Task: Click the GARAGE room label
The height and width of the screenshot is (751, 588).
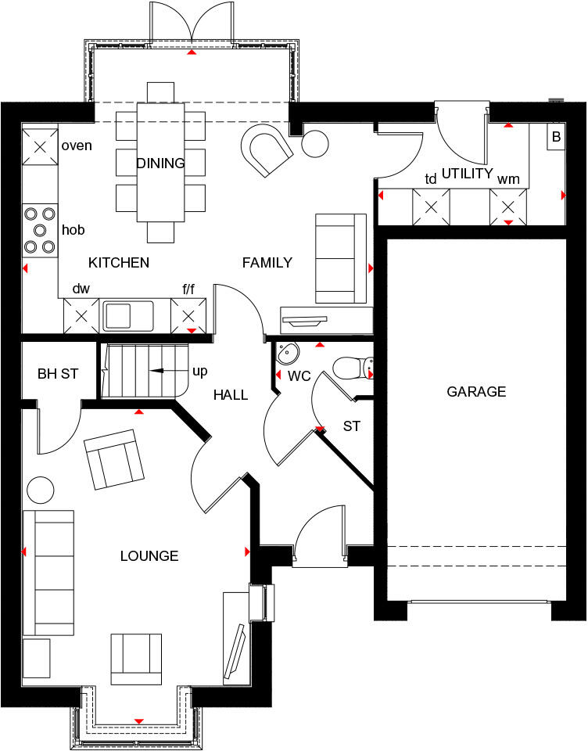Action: (476, 392)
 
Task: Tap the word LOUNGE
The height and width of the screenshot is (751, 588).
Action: (149, 556)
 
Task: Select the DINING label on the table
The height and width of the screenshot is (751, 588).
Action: (160, 163)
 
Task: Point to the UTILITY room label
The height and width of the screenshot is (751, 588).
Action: (468, 173)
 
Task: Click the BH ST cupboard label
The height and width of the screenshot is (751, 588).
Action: (58, 374)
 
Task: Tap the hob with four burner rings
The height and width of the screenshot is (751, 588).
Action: (41, 229)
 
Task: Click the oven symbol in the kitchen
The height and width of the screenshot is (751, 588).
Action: (41, 146)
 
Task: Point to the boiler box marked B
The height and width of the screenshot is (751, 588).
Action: (556, 136)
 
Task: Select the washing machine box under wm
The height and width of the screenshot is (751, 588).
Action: (508, 207)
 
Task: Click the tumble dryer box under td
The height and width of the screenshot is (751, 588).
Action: (431, 207)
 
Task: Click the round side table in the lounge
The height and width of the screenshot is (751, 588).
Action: (41, 490)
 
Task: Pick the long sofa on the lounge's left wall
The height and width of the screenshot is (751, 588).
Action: (48, 572)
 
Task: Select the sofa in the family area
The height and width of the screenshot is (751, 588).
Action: (340, 258)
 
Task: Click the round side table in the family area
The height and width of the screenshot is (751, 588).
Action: (315, 143)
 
